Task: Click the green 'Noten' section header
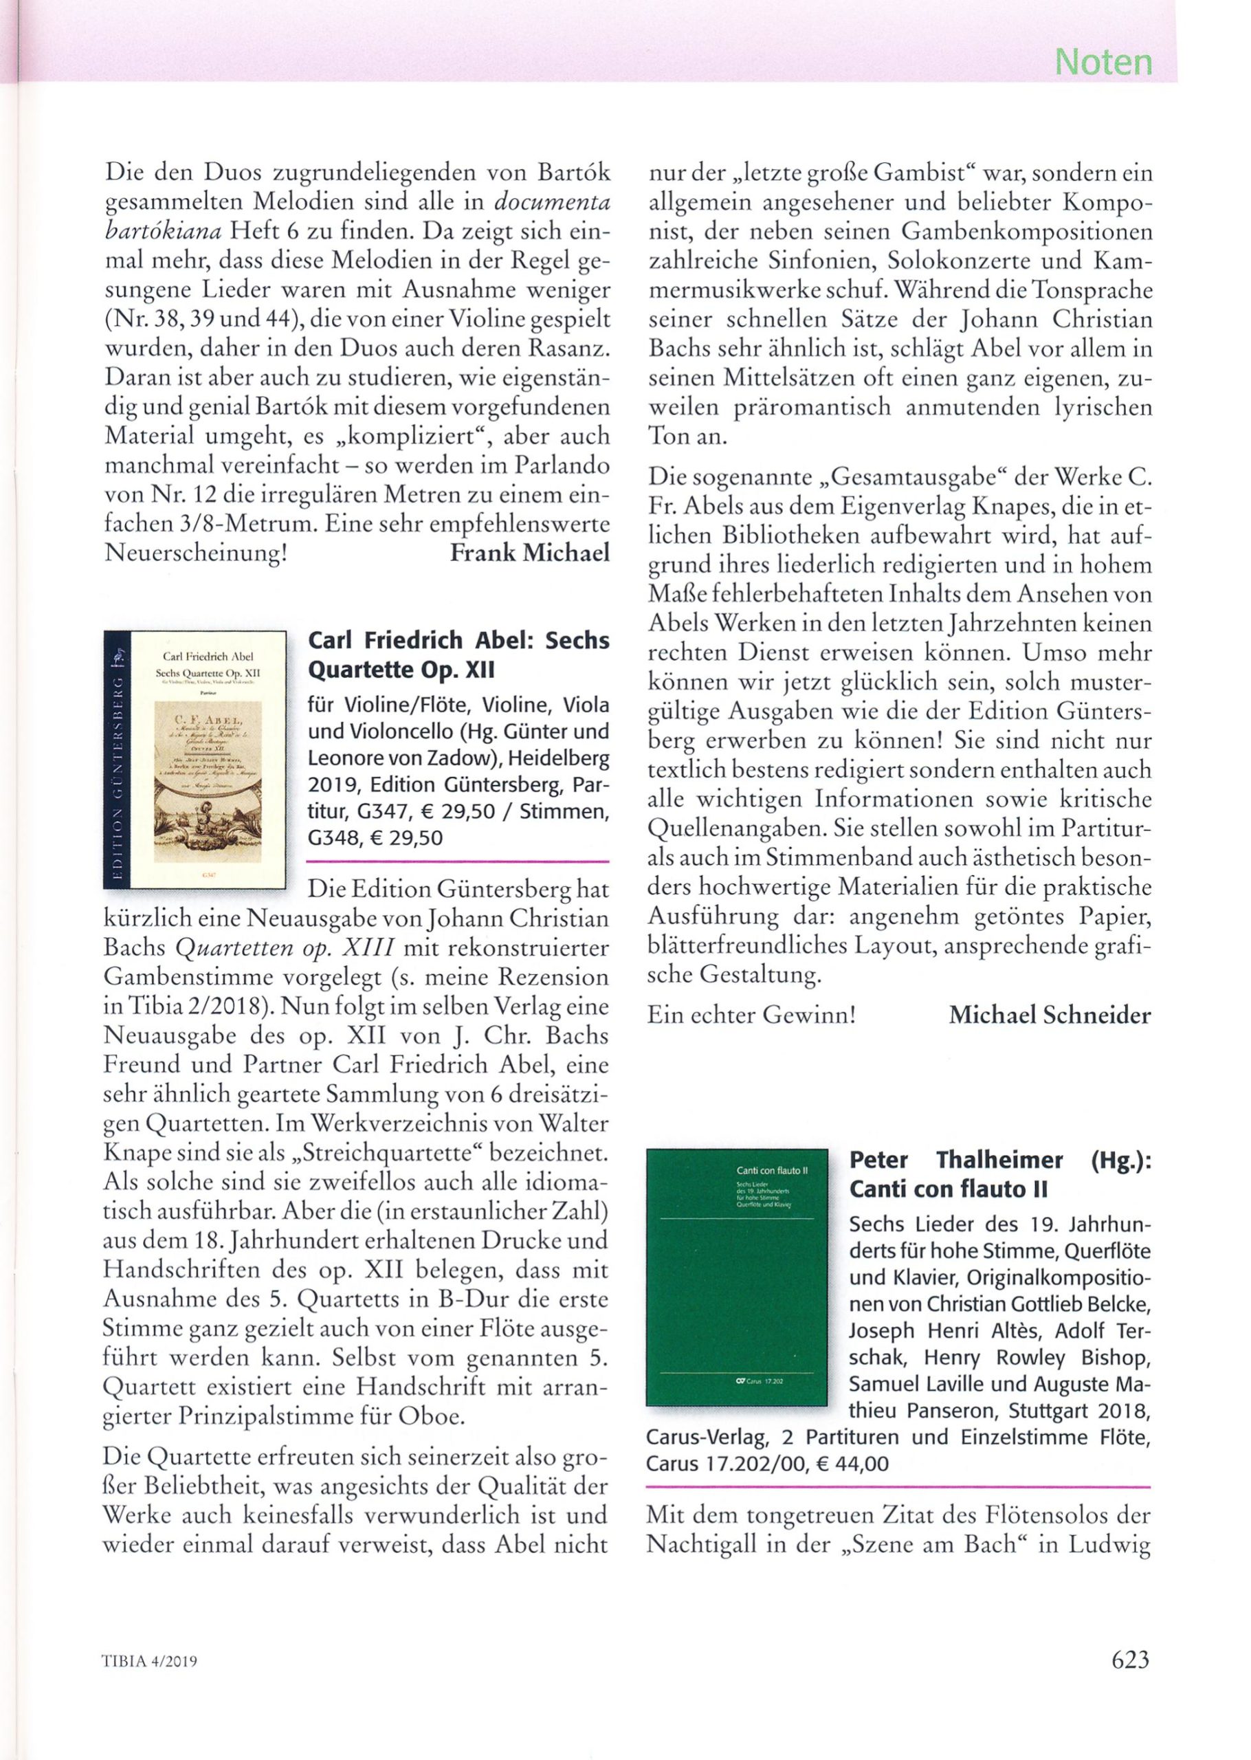[x=1103, y=62]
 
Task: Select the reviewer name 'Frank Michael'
[x=529, y=552]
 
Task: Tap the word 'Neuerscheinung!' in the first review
[x=196, y=553]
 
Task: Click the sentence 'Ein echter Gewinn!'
[x=751, y=1015]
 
